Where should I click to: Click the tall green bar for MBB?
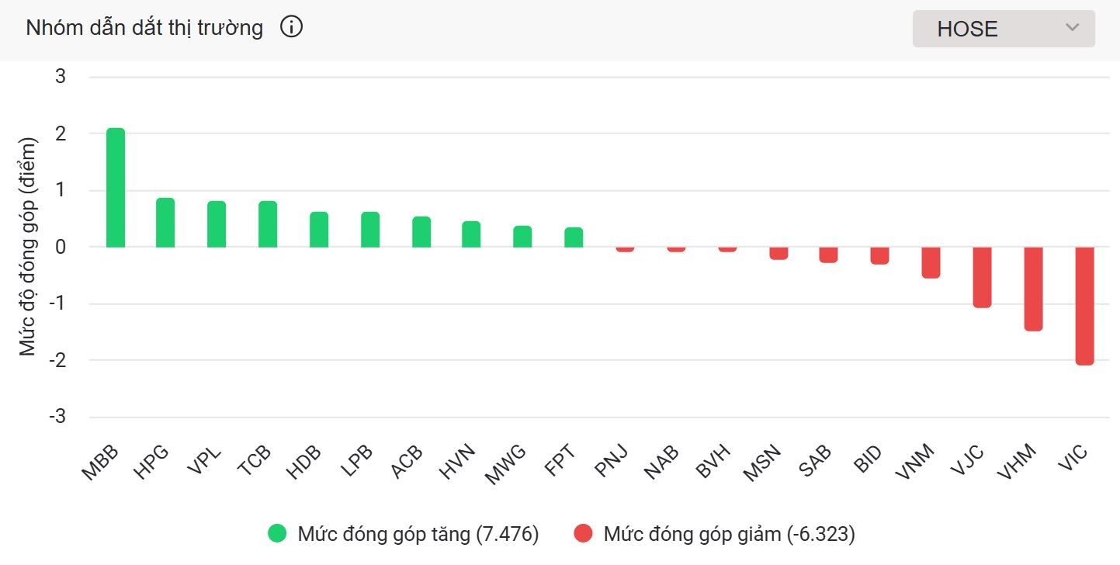coord(116,188)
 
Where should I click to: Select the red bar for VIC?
coord(1084,306)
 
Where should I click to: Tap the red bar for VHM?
coord(1033,289)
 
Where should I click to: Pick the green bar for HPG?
coord(165,223)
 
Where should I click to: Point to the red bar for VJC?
coord(982,277)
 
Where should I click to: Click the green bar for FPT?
coord(574,237)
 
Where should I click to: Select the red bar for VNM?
coord(931,262)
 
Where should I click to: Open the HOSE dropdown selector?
coord(1003,29)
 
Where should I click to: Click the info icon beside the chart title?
coord(291,28)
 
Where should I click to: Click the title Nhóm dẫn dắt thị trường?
coord(144,29)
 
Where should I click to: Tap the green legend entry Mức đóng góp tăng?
coord(403,534)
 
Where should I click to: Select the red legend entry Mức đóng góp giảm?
coord(715,534)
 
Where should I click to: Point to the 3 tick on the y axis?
coord(61,77)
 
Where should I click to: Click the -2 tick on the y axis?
coord(57,360)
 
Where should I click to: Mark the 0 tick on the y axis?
coord(61,247)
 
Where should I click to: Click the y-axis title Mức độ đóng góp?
coord(29,247)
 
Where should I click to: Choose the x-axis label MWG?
coord(505,464)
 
